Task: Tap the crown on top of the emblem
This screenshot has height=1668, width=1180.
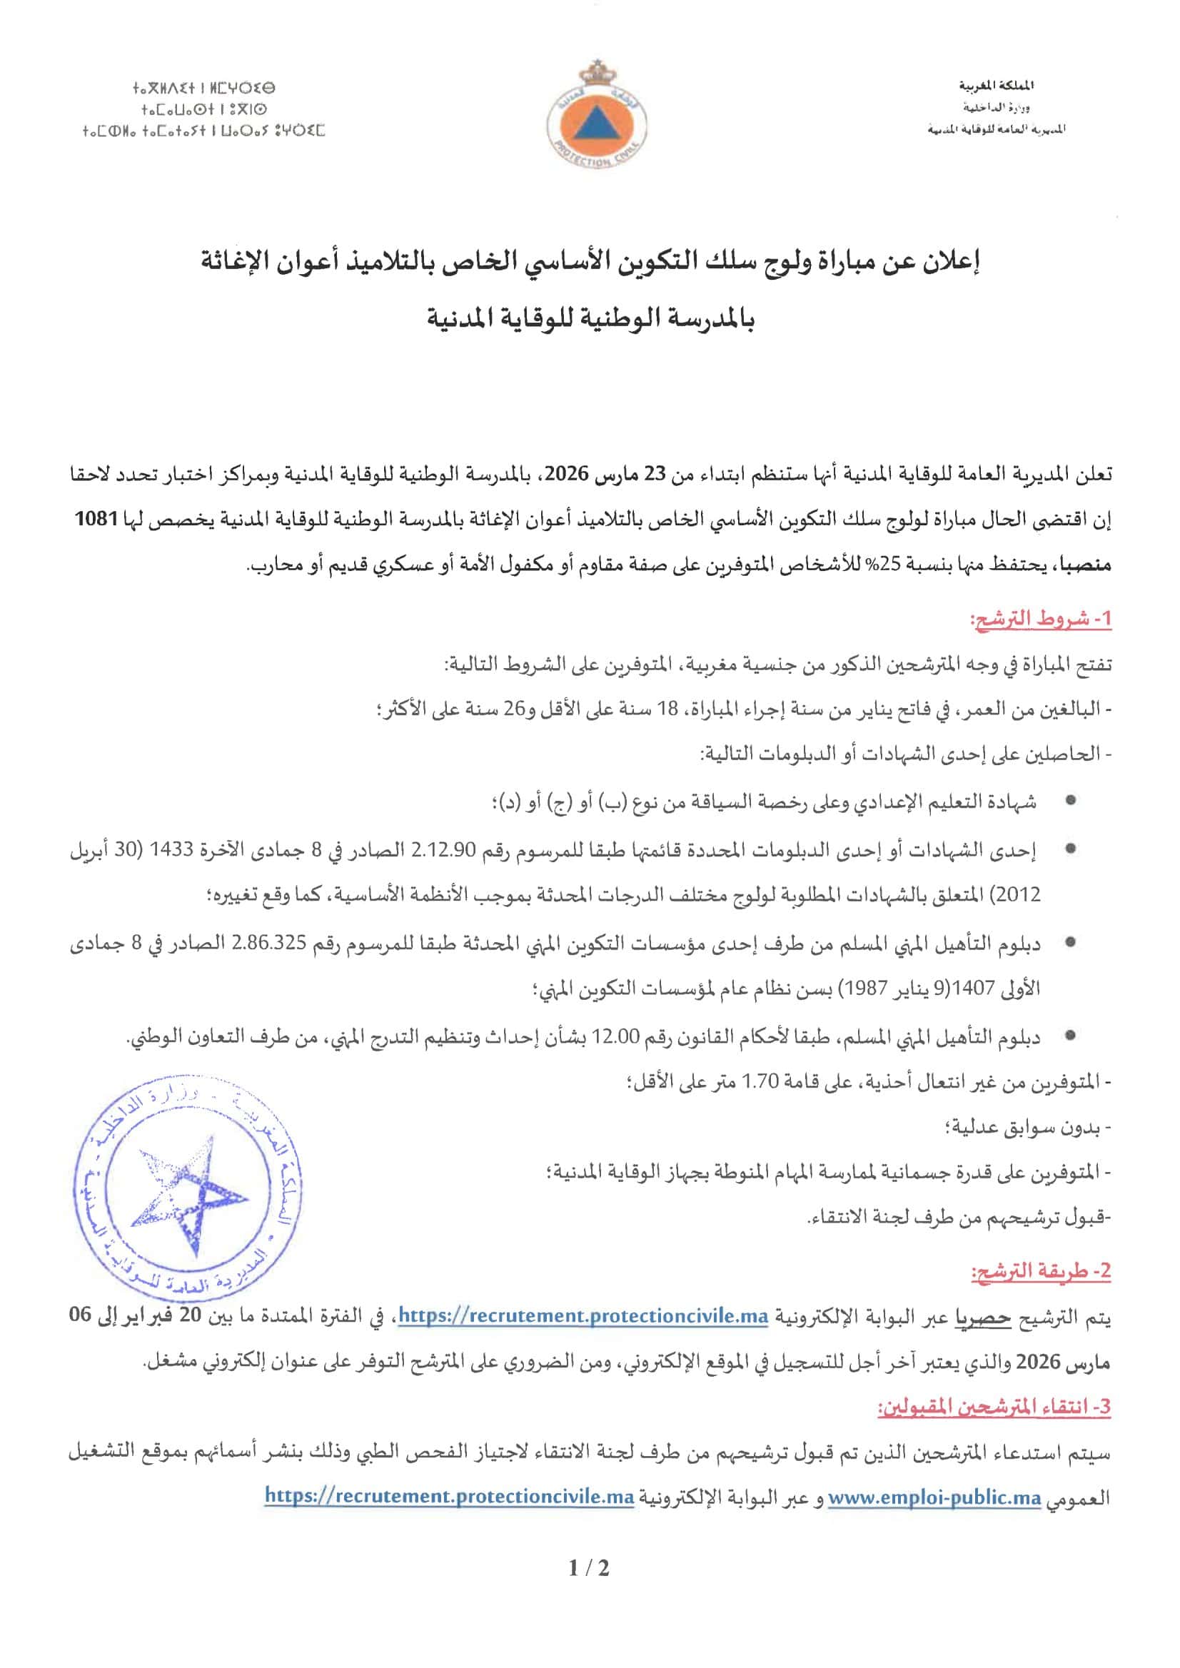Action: click(x=589, y=74)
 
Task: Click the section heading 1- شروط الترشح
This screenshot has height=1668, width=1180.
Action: click(x=1041, y=620)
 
